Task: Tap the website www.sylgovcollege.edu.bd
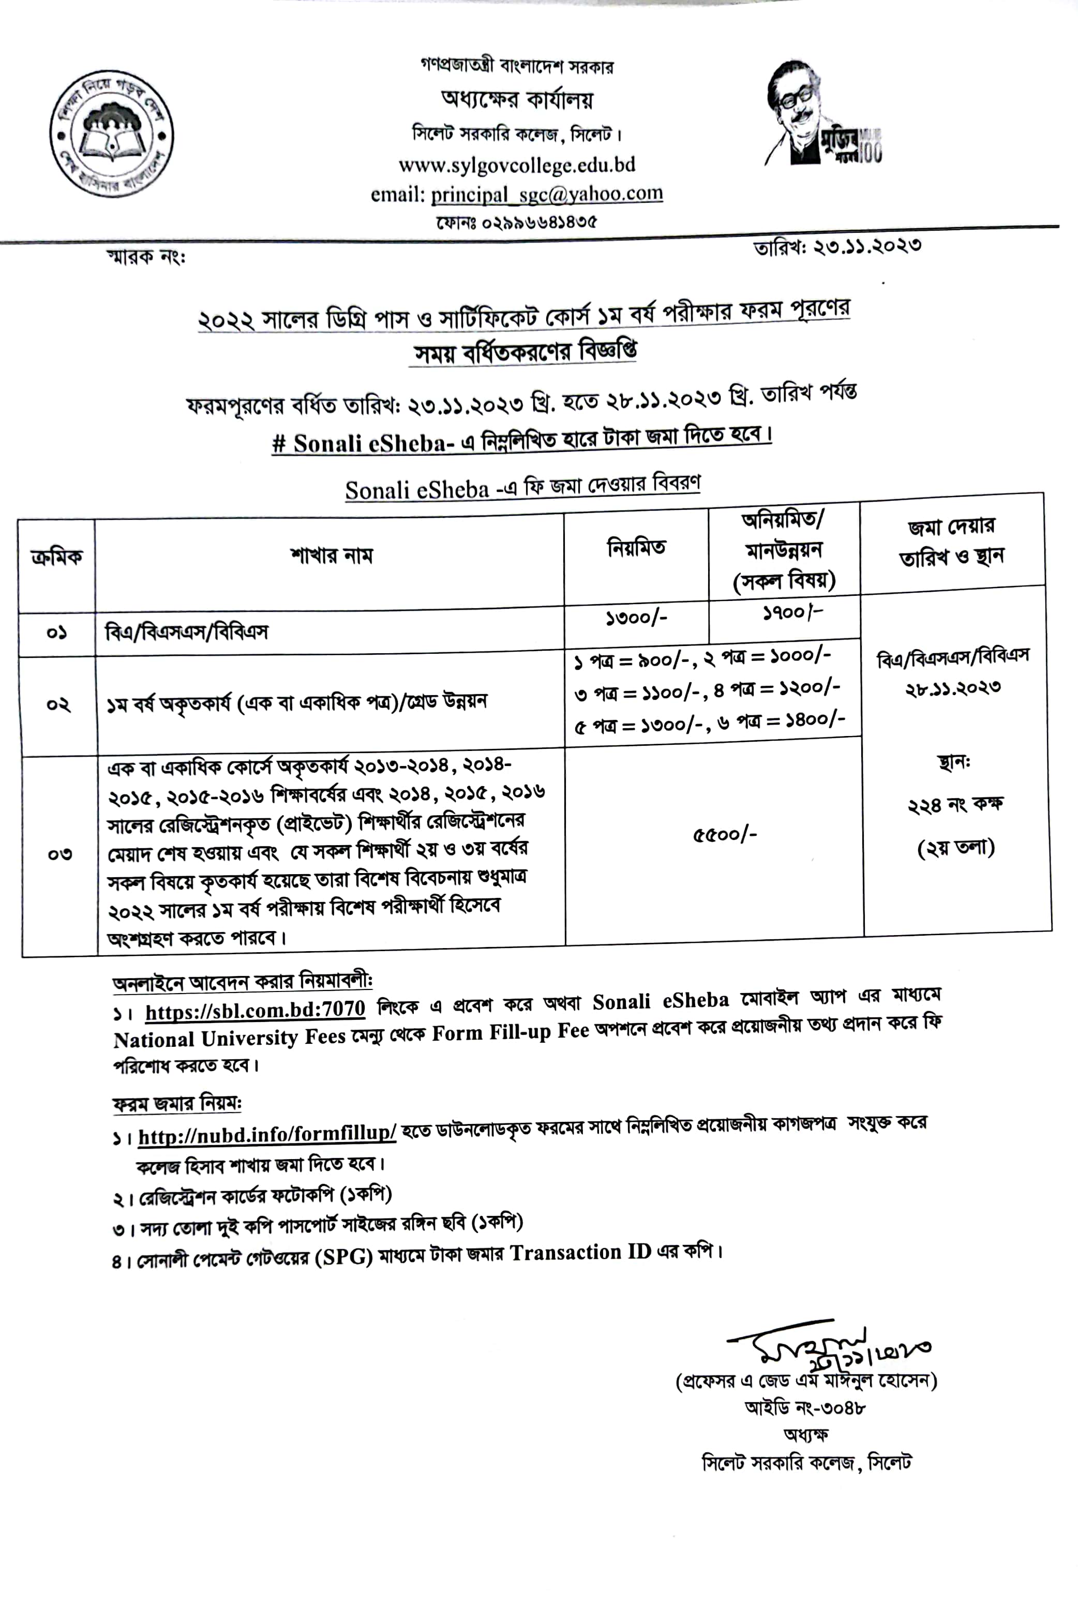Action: coord(516,165)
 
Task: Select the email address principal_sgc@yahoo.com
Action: coord(547,194)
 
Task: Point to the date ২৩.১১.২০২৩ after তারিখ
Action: coord(867,245)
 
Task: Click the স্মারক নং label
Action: coord(145,257)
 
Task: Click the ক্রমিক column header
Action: coord(56,557)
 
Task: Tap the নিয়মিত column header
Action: coord(636,548)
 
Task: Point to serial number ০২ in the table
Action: coord(58,704)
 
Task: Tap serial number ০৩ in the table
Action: coord(60,854)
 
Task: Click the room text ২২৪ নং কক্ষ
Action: coord(955,804)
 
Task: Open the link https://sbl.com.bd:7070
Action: coord(255,1010)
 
